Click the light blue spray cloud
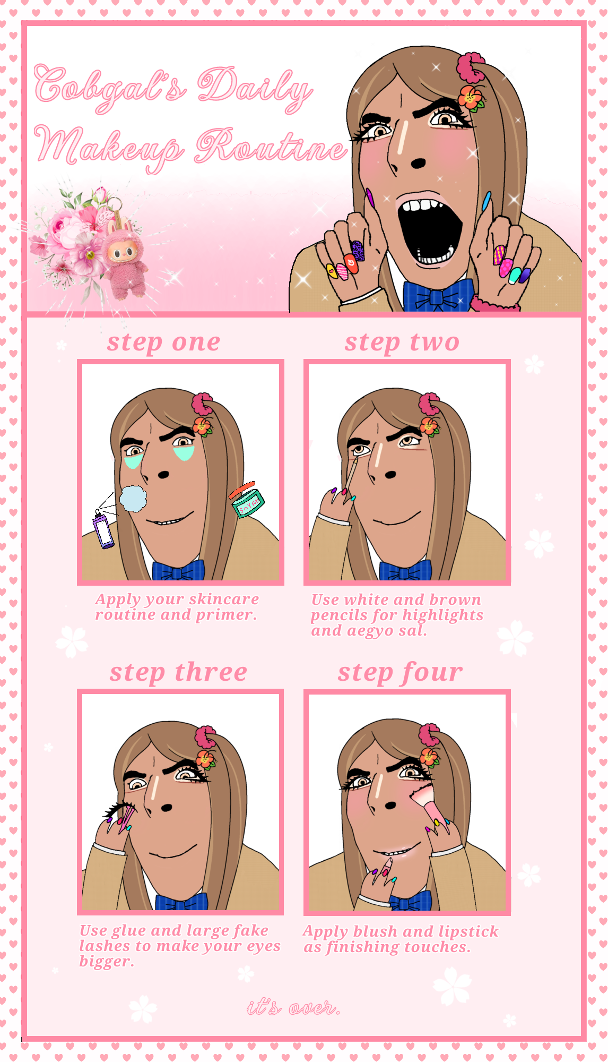click(133, 498)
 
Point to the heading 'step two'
click(402, 342)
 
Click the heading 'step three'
click(178, 673)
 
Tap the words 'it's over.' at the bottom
click(293, 1007)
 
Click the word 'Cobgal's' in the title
click(110, 87)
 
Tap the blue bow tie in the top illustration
click(437, 295)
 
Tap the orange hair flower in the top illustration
click(471, 98)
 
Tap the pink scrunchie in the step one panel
click(202, 404)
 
